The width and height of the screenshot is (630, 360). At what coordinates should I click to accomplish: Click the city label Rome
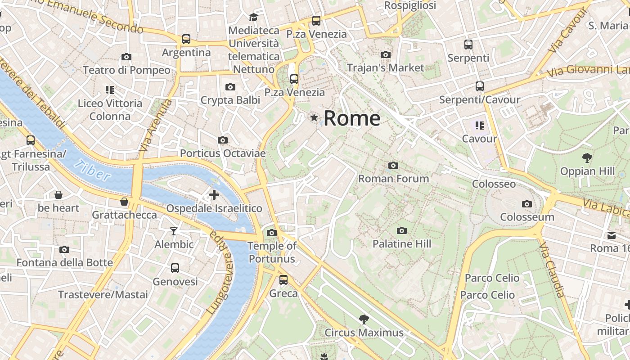tap(352, 118)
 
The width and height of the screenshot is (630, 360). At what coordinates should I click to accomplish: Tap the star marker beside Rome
tap(314, 117)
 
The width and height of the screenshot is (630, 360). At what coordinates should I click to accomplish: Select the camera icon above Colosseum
tap(527, 204)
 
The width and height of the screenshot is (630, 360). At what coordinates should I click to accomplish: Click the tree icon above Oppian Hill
tap(587, 157)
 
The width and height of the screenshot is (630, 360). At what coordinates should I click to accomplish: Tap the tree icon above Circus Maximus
tap(364, 319)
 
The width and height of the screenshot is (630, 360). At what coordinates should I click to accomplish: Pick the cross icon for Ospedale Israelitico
tap(214, 195)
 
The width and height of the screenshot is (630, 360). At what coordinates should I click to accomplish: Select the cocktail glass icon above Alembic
tap(174, 231)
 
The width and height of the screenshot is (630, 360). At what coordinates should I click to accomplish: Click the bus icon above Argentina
tap(186, 39)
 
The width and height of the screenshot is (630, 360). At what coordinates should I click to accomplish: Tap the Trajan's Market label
tap(385, 67)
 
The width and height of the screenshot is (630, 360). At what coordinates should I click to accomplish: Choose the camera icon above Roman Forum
tap(393, 165)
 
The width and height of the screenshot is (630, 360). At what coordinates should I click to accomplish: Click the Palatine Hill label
tap(401, 244)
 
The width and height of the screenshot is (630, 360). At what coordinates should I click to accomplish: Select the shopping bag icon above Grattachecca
tap(124, 201)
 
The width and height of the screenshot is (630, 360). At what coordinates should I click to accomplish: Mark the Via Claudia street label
tap(551, 270)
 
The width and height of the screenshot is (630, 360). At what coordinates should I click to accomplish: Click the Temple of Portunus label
tap(272, 252)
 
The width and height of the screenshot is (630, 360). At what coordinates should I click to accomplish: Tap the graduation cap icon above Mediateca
tap(253, 17)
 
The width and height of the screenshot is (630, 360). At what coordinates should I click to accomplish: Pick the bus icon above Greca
tap(283, 279)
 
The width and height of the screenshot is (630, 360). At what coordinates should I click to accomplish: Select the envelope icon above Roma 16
tap(612, 235)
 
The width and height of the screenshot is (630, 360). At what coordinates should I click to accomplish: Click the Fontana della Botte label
tap(65, 262)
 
